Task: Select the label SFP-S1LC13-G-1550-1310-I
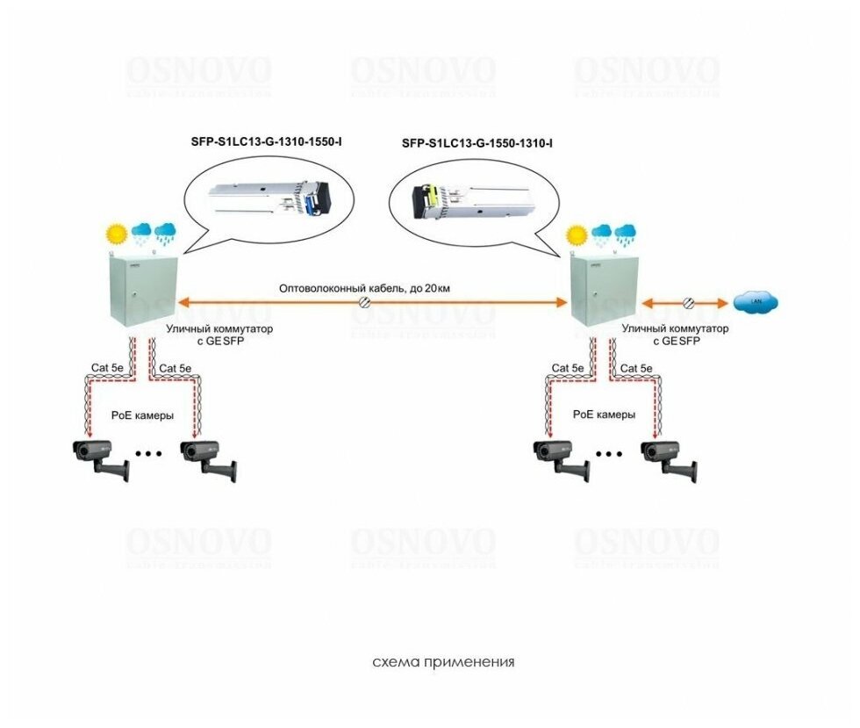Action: pos(483,142)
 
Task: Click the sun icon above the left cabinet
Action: pos(117,234)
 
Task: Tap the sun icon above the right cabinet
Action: pos(577,234)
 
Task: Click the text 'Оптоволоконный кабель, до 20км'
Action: pos(364,288)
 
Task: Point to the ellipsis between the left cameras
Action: pos(150,454)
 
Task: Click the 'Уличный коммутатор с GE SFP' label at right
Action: pos(675,334)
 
